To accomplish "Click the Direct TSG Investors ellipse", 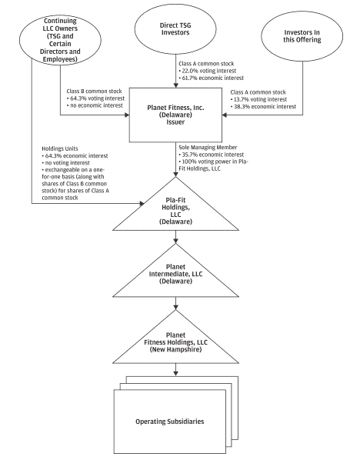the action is click(175, 28).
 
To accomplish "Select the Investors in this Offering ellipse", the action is click(302, 36).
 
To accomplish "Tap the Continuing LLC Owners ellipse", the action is click(60, 39).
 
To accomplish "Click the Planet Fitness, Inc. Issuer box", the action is click(175, 115).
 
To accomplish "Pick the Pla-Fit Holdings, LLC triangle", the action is click(175, 212).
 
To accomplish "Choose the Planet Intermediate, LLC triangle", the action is click(175, 275).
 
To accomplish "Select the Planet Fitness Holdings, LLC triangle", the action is click(175, 342).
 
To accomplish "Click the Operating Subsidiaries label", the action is click(169, 422).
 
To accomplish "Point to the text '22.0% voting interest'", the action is click(209, 71).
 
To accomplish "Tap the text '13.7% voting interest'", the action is click(260, 99).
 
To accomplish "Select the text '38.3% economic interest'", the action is click(265, 106).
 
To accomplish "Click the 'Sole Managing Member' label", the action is click(208, 147).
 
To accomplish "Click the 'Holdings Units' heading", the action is click(60, 148).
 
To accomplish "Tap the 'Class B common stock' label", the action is click(94, 92).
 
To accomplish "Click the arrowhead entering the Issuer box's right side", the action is click(225, 115).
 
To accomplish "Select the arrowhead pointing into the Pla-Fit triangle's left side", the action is click(142, 203).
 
